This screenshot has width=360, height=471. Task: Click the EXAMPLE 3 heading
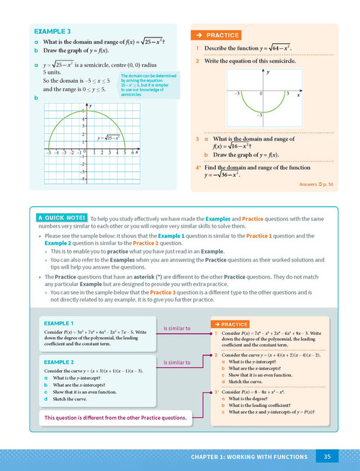tap(53, 32)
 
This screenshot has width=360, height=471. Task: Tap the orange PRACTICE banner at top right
tap(217, 34)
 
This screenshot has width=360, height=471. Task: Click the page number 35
tap(327, 456)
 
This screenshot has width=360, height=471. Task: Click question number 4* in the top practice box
tap(198, 167)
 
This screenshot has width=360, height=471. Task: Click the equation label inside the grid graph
tap(109, 138)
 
